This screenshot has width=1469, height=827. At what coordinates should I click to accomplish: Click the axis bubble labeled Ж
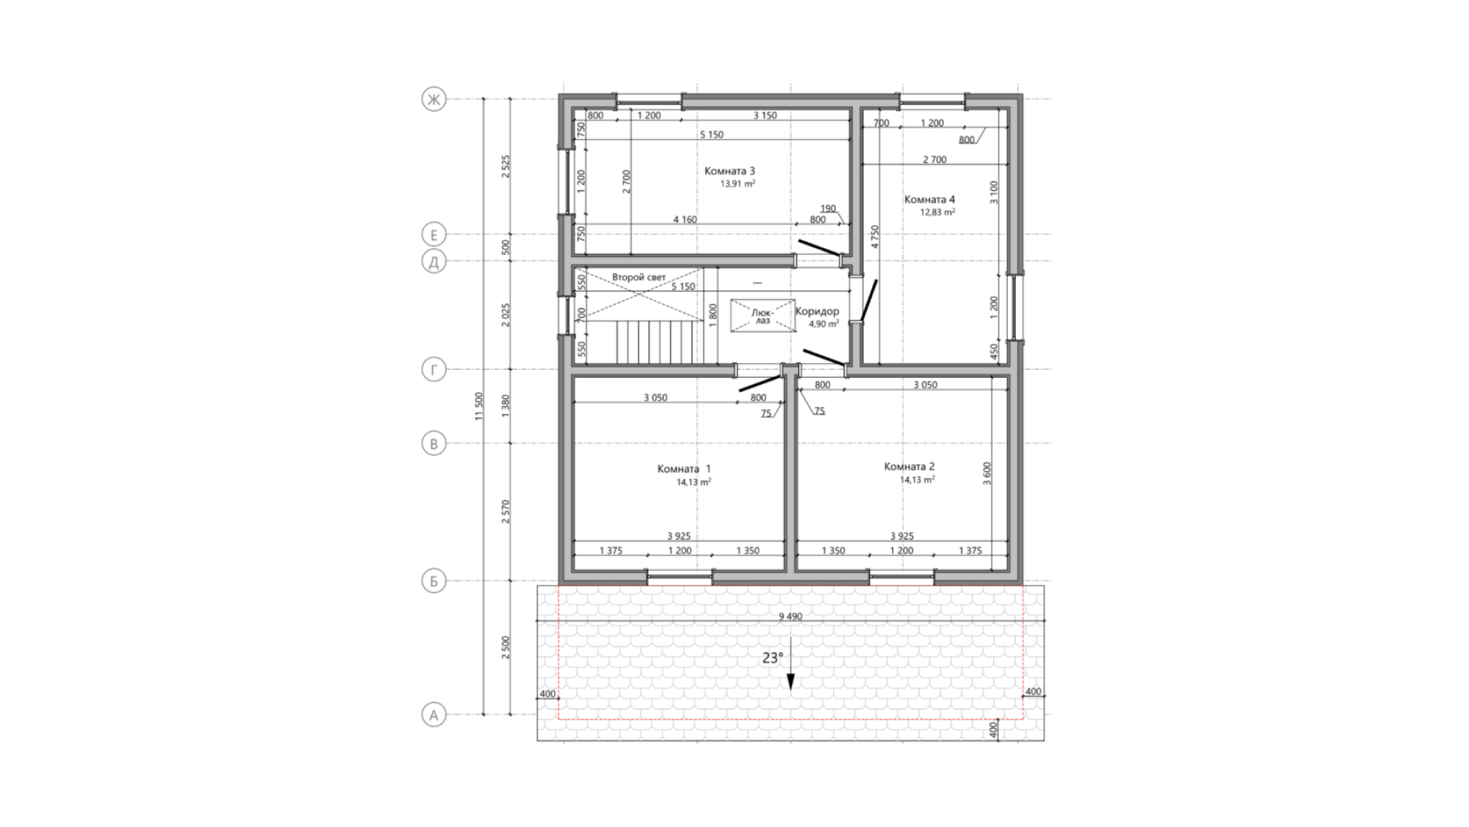click(433, 99)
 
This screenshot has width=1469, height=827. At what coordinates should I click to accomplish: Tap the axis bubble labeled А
click(433, 715)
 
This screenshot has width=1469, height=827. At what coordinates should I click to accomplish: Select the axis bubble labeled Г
click(433, 370)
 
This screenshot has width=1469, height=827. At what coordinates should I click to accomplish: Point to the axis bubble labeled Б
click(433, 581)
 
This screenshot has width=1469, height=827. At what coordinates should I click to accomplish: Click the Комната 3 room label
click(729, 171)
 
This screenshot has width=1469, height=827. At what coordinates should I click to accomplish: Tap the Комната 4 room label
click(930, 200)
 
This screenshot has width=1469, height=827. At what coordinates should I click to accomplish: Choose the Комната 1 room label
click(684, 469)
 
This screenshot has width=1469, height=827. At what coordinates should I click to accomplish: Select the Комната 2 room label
click(910, 467)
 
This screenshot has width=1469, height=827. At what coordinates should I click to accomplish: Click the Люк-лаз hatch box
click(763, 316)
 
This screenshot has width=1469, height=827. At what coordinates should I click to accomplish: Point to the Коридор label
click(817, 312)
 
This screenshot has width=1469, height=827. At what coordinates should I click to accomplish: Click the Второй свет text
click(639, 277)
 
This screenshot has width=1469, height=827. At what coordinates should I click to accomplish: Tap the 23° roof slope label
click(773, 658)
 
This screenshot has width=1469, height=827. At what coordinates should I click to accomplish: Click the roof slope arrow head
click(790, 683)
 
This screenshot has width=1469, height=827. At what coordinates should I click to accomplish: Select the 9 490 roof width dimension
click(790, 616)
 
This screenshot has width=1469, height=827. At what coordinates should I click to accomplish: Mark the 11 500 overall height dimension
click(479, 406)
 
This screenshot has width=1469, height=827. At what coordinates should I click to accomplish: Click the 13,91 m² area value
click(738, 184)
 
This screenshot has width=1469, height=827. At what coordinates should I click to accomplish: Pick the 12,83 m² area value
click(938, 212)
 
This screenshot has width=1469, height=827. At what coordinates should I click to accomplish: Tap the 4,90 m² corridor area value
click(824, 324)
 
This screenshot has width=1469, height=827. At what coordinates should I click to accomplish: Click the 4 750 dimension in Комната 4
click(874, 237)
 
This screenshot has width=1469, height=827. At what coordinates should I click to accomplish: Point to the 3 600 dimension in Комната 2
click(987, 474)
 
